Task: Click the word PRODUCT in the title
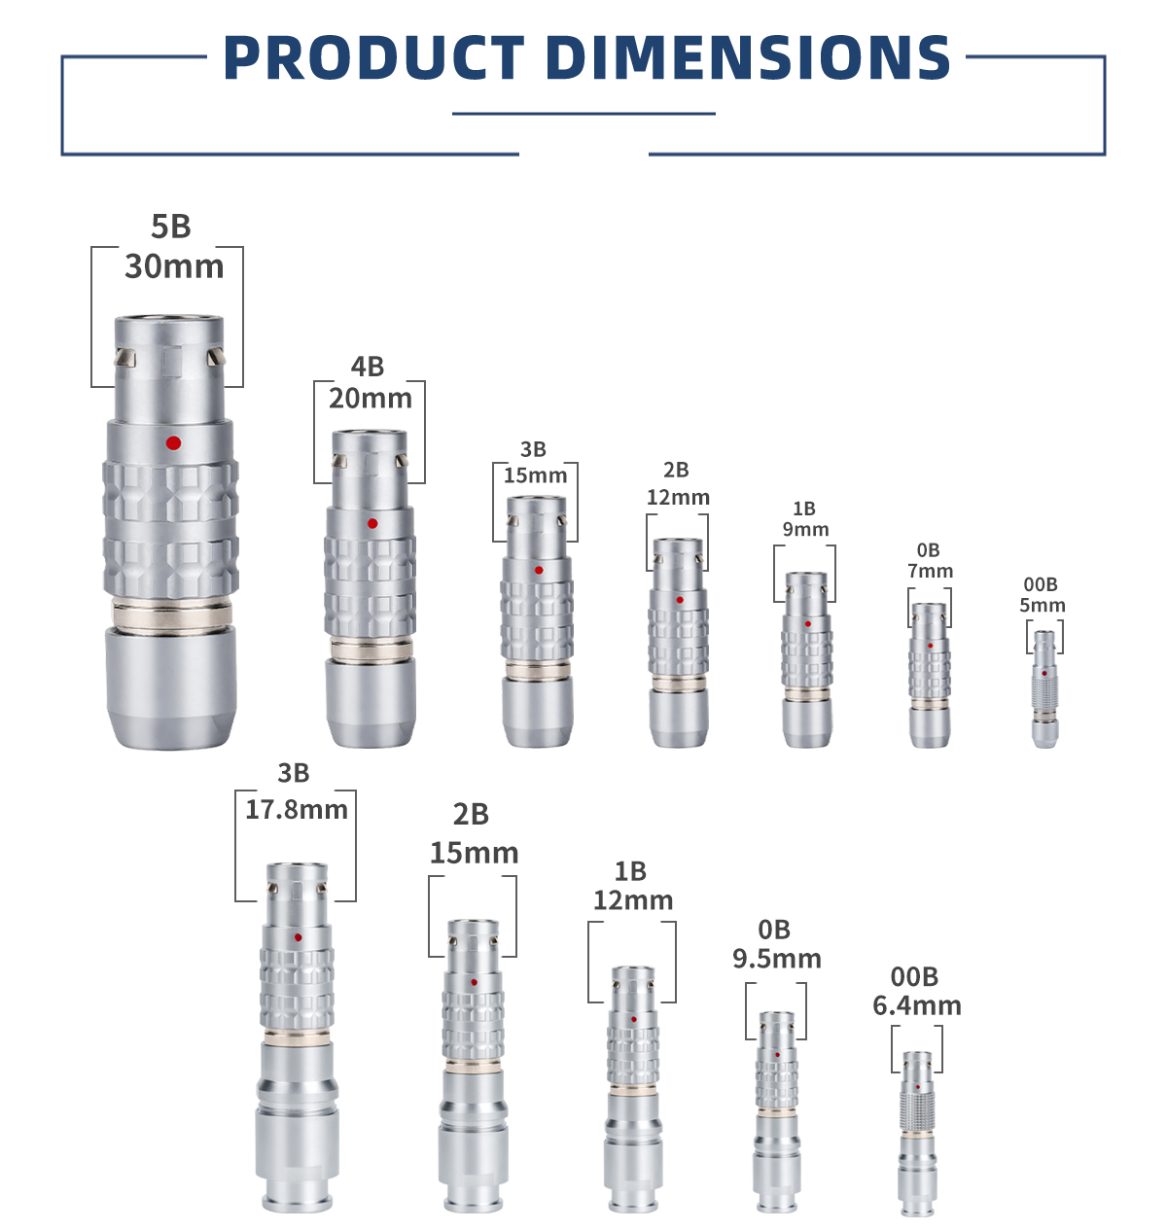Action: point(373,57)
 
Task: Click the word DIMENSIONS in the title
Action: point(749,57)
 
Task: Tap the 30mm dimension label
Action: point(174,266)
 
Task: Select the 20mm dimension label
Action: point(371,398)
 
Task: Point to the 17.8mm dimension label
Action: point(296,810)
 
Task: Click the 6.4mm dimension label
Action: point(917,1005)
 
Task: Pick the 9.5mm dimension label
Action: point(776,959)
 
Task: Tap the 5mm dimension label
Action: point(1042,605)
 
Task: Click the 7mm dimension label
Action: point(931,571)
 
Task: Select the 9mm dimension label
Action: point(806,529)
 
